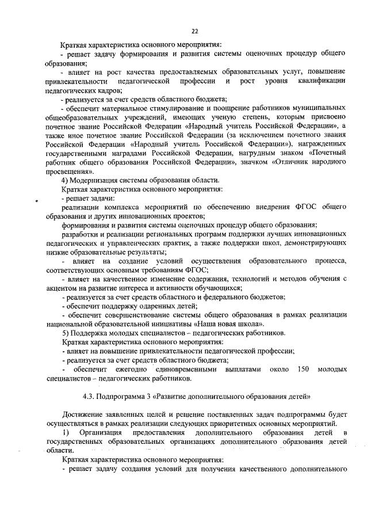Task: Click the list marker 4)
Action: tap(65, 181)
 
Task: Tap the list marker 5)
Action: tap(65, 332)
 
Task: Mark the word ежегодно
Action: tap(127, 369)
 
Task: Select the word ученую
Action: tap(216, 117)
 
